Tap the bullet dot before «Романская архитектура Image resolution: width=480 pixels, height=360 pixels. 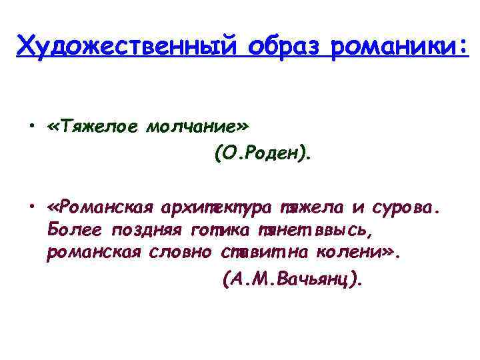click(32, 208)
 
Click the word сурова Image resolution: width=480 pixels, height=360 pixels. click(406, 208)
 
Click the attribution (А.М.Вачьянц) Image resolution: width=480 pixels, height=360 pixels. click(292, 279)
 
